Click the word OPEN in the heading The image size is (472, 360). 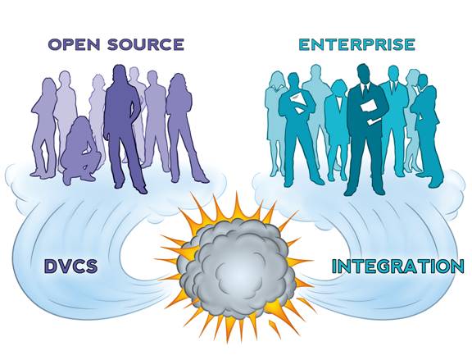74,44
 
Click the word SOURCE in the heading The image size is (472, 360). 146,44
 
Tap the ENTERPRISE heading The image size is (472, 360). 357,44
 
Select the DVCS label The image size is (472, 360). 71,266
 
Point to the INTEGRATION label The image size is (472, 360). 397,267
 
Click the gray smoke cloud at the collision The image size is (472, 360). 238,268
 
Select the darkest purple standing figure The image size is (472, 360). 124,126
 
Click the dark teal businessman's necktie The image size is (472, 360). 365,91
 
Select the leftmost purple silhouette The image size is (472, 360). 44,126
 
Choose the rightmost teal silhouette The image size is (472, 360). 427,130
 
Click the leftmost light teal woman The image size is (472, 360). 275,124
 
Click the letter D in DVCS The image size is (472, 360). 51,266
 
